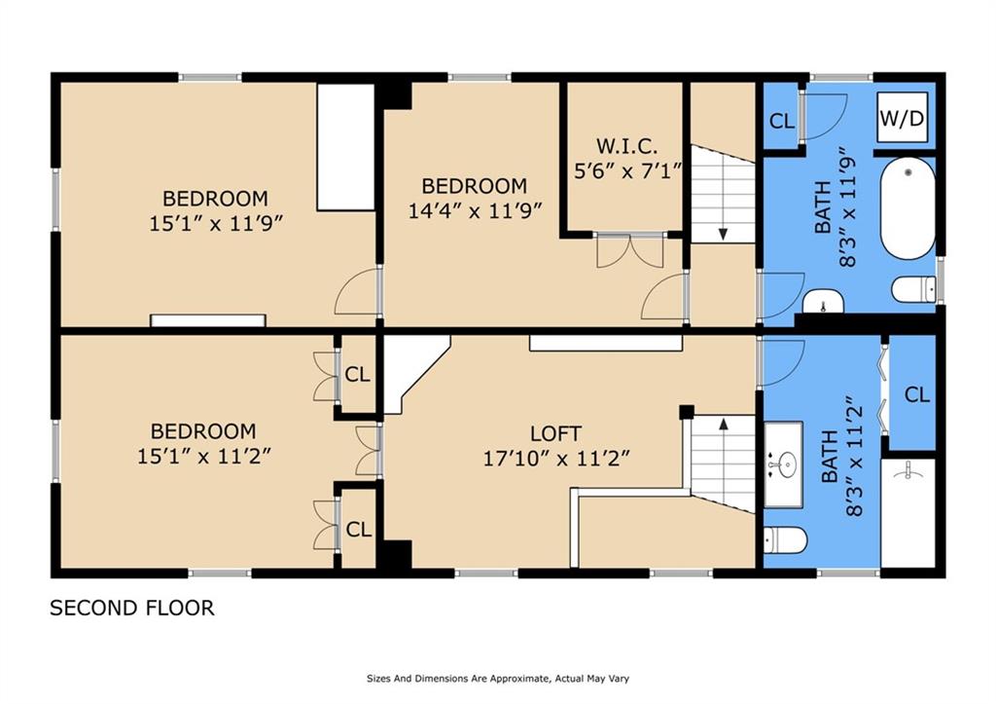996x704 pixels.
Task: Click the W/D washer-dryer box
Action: (x=902, y=117)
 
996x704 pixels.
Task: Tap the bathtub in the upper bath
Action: (x=907, y=208)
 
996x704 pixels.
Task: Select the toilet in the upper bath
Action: (x=913, y=290)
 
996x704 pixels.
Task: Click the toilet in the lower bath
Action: (x=785, y=539)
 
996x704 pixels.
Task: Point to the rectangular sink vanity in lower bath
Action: (x=783, y=464)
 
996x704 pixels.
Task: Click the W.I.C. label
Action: (x=626, y=146)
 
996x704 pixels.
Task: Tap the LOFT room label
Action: (x=555, y=433)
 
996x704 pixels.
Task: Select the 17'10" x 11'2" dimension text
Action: (x=556, y=459)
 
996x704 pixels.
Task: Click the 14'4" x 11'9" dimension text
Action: (x=475, y=210)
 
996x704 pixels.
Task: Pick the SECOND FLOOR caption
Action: (x=132, y=608)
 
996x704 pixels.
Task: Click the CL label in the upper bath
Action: (x=781, y=121)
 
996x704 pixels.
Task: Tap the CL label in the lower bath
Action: (x=916, y=395)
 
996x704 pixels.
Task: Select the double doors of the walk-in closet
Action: (x=630, y=250)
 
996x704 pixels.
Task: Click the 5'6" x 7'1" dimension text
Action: (x=627, y=171)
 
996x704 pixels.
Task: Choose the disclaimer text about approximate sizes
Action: (x=498, y=679)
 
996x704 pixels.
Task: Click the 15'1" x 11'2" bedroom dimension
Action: (x=204, y=456)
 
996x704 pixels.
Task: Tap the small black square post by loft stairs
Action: (x=686, y=412)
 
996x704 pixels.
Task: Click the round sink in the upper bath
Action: (x=823, y=302)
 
